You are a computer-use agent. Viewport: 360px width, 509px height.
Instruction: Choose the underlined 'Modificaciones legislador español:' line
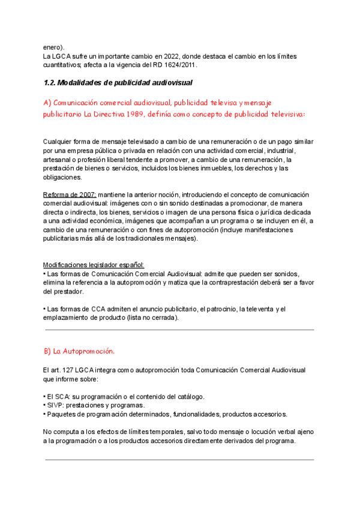point(94,265)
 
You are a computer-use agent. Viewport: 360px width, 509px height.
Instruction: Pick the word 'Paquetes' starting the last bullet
point(60,414)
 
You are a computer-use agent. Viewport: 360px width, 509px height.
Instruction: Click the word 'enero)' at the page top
point(53,47)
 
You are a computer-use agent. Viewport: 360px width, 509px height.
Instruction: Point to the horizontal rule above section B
point(179,330)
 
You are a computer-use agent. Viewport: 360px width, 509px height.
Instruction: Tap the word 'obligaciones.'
point(62,177)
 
